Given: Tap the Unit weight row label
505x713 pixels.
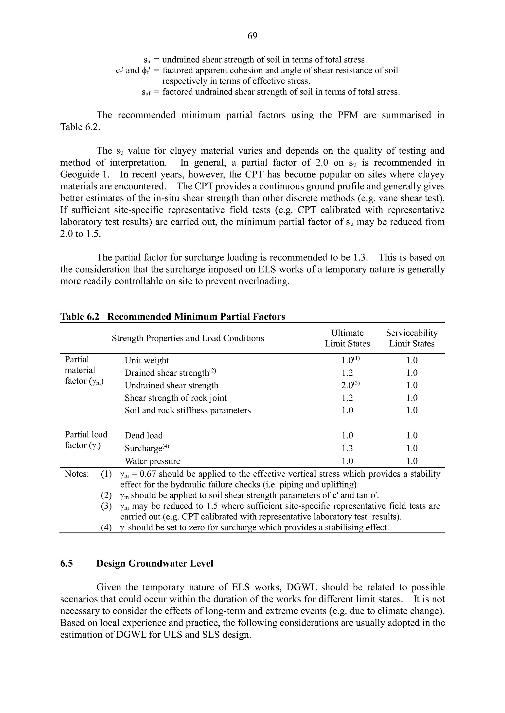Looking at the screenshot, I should pos(147,360).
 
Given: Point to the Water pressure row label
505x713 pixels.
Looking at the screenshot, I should pos(152,461).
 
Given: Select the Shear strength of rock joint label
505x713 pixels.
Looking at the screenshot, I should pos(176,398).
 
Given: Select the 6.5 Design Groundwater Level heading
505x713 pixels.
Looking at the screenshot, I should pos(137,563).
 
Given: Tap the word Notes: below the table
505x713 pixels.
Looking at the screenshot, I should pos(76,474).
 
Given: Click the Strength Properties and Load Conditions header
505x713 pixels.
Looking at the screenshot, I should pos(188,338).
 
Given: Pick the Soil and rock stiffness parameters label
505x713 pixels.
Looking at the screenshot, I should pos(187,410).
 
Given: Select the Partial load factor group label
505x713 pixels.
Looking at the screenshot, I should pos(86,440).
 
